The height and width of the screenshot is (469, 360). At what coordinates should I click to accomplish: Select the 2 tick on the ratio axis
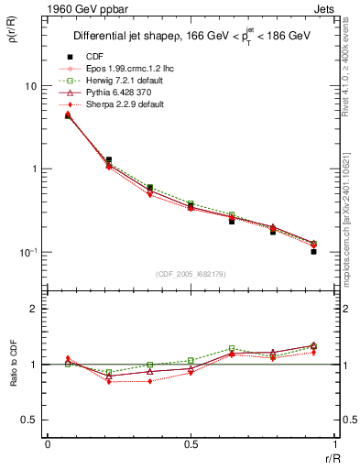pos(35,310)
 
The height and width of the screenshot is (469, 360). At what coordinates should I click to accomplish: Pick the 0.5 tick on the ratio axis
pos(30,420)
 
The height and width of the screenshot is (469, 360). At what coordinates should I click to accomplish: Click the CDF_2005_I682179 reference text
pos(190,274)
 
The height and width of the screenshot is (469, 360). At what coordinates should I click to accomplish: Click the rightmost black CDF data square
pos(313,251)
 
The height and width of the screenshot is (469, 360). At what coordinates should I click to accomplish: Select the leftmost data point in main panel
pos(68,115)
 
